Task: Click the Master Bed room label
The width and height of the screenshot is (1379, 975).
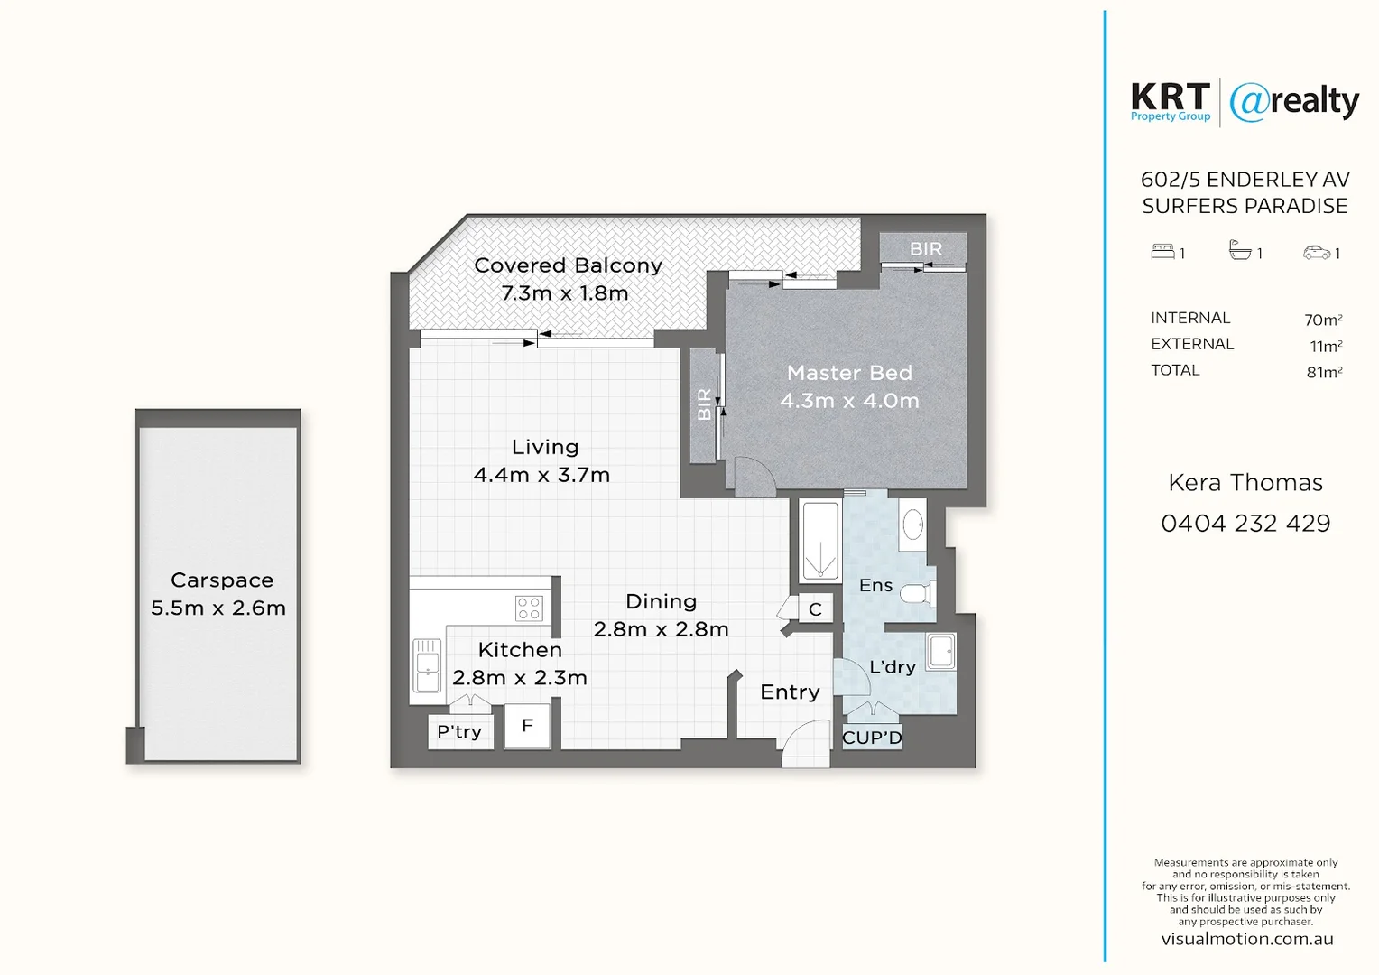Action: point(849,373)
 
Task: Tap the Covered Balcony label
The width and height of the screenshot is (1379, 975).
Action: point(568,265)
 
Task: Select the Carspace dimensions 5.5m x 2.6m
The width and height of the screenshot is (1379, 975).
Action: point(218,608)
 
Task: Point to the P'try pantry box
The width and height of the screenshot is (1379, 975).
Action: point(459,731)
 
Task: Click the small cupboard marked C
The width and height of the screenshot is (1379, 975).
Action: point(815,609)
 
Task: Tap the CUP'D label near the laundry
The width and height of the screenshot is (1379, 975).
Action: point(872,738)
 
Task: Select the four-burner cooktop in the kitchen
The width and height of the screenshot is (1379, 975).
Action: point(529,608)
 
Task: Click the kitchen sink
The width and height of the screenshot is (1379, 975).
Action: point(427,665)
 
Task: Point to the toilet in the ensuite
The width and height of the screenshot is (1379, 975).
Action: point(918,594)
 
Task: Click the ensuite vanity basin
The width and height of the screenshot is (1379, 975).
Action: point(912,525)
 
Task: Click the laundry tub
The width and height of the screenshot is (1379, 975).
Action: point(941,651)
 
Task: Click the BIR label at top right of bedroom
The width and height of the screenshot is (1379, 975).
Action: point(925,248)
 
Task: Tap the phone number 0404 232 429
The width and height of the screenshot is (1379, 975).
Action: point(1245,524)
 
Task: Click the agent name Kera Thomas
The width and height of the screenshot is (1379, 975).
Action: point(1245,483)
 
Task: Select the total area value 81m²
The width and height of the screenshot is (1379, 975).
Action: point(1324,372)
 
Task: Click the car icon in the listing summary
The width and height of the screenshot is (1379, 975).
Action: point(1316,253)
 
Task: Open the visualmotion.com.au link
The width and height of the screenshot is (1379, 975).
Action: point(1246,939)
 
